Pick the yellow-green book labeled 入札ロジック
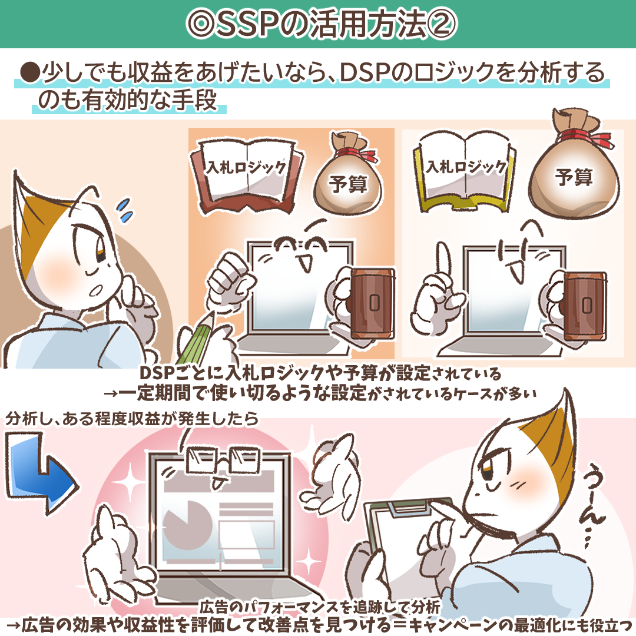(465, 173)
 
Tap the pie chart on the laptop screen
(187, 524)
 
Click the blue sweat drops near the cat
(125, 211)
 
